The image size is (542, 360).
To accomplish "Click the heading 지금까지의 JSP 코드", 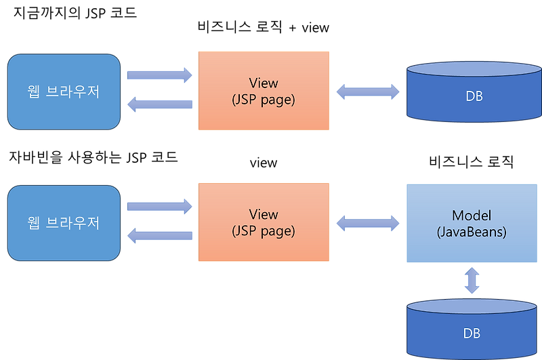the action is tap(75, 13).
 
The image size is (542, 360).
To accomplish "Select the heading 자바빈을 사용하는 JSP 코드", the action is tap(93, 157).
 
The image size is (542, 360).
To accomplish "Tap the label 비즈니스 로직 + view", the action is tap(264, 27).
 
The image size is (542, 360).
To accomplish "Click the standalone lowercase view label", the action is tap(264, 163).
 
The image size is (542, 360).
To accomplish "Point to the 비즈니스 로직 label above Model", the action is tap(471, 161).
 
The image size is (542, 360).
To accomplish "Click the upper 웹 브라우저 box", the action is tap(64, 92).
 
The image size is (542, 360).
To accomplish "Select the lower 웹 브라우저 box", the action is tap(64, 223).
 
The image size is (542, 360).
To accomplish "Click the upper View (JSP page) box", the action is tap(264, 91).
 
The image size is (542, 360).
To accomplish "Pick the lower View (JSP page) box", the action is tap(264, 222).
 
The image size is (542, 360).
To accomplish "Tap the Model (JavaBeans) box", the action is tap(472, 224).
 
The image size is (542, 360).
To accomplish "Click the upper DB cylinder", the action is tap(474, 92).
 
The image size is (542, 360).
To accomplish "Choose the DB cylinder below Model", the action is tap(472, 329).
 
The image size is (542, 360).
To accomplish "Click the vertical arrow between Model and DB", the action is tap(472, 281).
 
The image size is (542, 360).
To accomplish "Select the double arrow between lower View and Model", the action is tap(368, 223).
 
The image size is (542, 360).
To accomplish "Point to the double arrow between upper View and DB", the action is tap(368, 92).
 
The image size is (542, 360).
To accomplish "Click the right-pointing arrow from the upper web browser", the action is tap(160, 75).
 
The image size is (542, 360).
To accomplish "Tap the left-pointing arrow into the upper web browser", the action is tap(160, 104).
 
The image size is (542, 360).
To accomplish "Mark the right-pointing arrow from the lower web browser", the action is tap(160, 207).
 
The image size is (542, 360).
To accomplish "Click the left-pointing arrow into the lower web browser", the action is tap(160, 235).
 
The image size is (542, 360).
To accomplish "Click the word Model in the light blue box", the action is tap(472, 216).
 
